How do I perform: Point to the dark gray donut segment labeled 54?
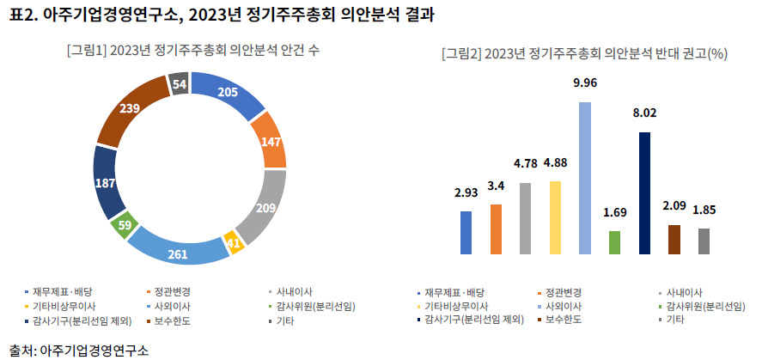pos(179,83)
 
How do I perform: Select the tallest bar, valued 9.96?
pos(585,178)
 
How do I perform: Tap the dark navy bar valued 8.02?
pos(644,192)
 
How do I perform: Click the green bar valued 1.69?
pos(615,242)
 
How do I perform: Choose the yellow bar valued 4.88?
pos(556,217)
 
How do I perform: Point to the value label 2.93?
pos(466,192)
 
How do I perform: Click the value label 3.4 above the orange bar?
pos(496,185)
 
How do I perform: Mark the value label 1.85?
pos(704,210)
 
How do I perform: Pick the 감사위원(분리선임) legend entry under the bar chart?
pos(702,307)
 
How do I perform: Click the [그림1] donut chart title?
pos(193,51)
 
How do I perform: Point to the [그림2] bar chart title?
pos(585,54)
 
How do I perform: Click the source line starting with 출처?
pos(79,350)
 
